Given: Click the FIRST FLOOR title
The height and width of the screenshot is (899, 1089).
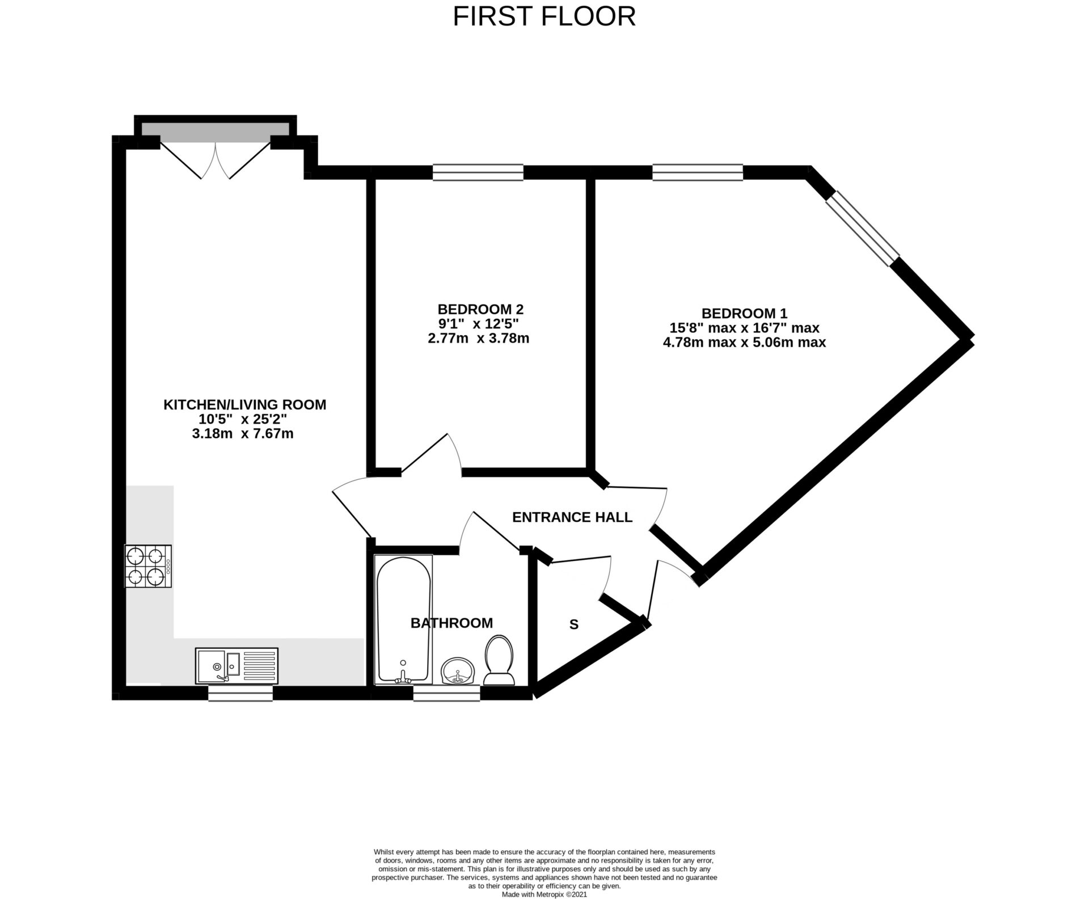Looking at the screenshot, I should [544, 16].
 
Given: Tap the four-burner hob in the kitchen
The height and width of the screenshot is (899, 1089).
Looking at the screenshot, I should [148, 565].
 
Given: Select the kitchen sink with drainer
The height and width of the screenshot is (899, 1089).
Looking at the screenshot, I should [237, 665].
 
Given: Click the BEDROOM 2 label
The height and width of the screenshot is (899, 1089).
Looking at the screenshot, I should [480, 309].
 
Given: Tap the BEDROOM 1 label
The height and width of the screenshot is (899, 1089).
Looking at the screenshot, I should [744, 313].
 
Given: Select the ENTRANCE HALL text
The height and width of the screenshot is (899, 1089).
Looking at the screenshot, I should [572, 517].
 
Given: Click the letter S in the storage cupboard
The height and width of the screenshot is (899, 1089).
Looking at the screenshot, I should [573, 625].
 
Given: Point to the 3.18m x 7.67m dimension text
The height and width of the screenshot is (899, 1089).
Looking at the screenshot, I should [243, 434].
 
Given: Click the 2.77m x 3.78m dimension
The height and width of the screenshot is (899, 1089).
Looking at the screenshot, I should [478, 339].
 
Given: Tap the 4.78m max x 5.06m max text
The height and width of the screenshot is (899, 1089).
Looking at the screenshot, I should [744, 343].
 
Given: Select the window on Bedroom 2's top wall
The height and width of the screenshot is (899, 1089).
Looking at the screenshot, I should [478, 172].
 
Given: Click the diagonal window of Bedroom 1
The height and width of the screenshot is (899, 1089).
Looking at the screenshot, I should [862, 228].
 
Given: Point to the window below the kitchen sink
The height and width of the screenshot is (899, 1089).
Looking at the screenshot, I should [240, 693].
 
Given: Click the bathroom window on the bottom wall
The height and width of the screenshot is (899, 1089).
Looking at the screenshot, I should [446, 693].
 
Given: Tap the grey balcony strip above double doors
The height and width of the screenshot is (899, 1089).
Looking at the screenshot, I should [215, 131].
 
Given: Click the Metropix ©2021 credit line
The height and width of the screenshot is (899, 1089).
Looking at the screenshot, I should [544, 894].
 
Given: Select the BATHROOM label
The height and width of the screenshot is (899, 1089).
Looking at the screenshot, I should [451, 623].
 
